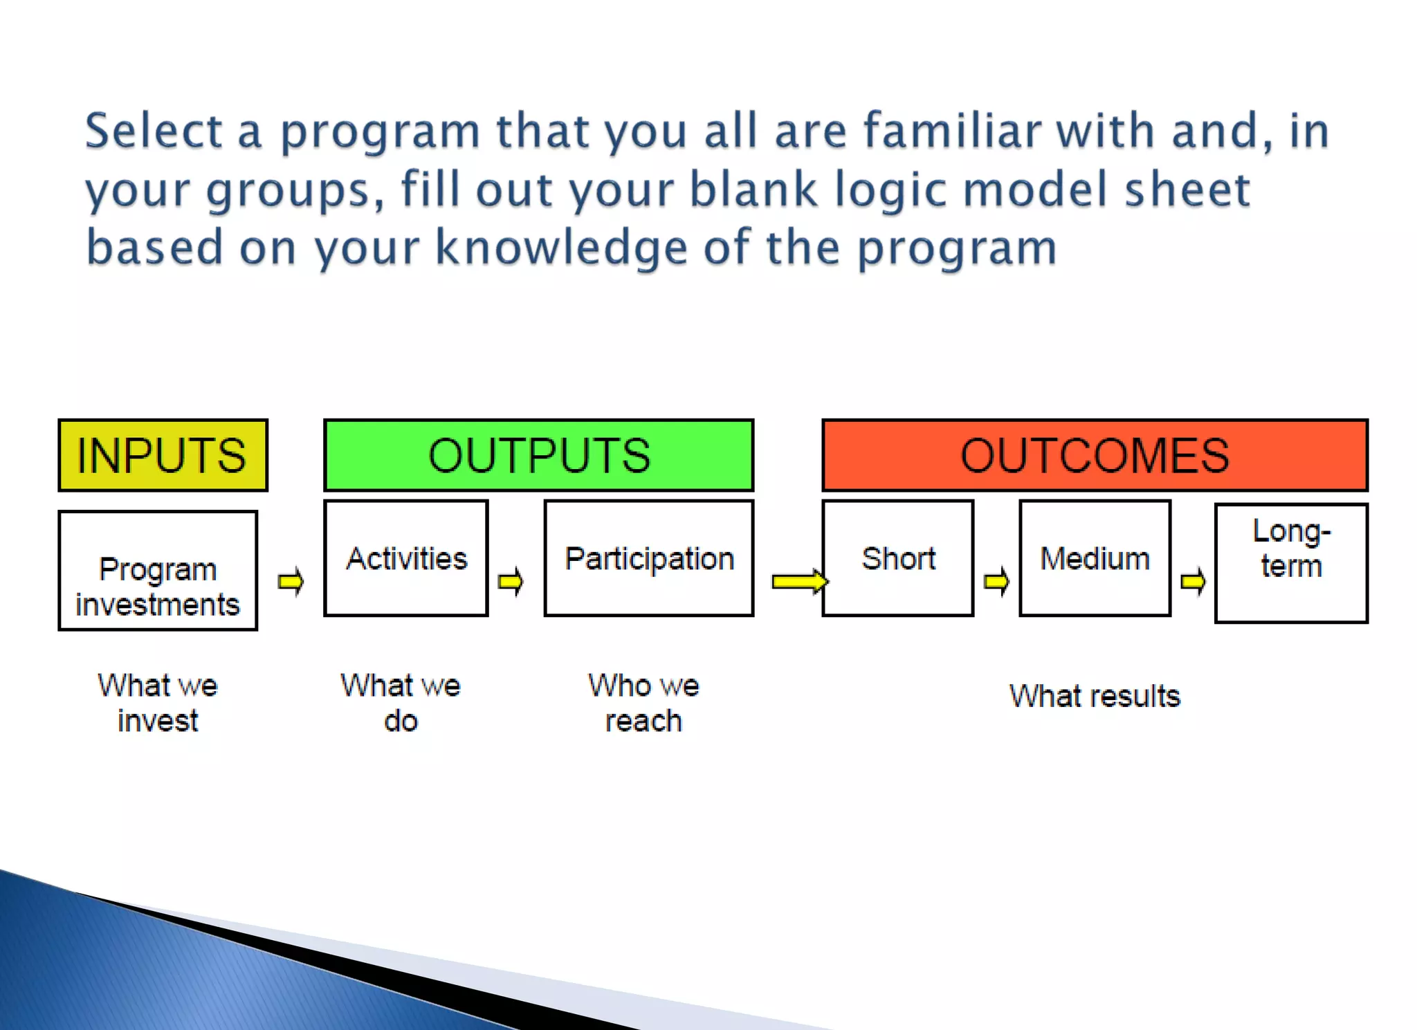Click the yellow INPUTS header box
click(163, 455)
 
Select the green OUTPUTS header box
click(538, 455)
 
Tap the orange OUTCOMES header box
click(1095, 455)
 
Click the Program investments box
click(158, 571)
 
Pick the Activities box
click(406, 558)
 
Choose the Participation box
click(648, 558)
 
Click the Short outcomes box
click(898, 558)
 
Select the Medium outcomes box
click(1095, 558)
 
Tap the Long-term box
click(1291, 563)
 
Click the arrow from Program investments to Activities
click(291, 582)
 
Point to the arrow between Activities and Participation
click(511, 582)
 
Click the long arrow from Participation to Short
click(799, 582)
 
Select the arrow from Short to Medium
click(996, 582)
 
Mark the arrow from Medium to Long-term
click(1193, 582)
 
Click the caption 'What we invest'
click(158, 703)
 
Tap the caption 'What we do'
click(401, 703)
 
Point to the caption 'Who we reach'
click(643, 703)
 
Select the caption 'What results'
click(1095, 696)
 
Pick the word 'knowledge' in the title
click(561, 248)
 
